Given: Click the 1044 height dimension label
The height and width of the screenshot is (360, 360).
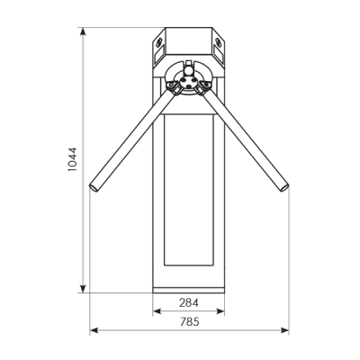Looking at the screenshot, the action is [x=72, y=159].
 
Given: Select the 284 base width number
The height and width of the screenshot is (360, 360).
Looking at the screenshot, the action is [x=189, y=303].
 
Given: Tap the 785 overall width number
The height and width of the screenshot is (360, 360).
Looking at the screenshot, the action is [x=190, y=322].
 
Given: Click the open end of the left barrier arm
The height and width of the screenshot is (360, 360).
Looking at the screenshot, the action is [x=94, y=187].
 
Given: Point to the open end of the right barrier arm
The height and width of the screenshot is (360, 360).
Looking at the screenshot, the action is [x=284, y=188].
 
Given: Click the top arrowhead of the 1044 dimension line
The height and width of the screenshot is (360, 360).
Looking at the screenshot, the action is [x=83, y=31].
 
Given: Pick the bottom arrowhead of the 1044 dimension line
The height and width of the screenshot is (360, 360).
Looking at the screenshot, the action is [x=83, y=289].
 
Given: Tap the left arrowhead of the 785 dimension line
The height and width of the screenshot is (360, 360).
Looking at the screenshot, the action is [x=94, y=330].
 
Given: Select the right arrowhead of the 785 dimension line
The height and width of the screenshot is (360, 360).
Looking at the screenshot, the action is [x=284, y=330].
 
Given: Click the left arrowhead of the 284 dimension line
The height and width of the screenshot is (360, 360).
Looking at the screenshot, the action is [x=157, y=311].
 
